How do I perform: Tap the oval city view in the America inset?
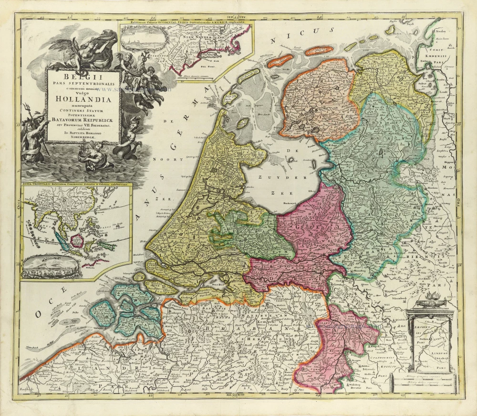pyautogui.click(x=141, y=39)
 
